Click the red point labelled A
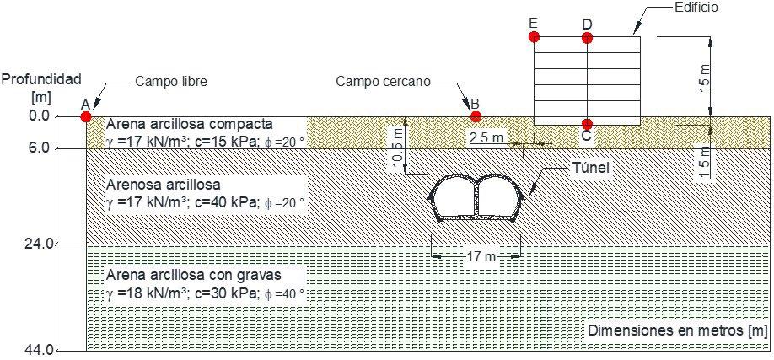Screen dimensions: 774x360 pos(85,116)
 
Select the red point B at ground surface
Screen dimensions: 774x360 pos(476,116)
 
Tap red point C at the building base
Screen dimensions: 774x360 pos(587,123)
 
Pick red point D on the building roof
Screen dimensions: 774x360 pos(587,38)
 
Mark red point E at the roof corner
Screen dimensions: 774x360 pos(534,37)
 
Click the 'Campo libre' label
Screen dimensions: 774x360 pos(170,82)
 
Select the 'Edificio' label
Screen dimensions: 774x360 pos(696,7)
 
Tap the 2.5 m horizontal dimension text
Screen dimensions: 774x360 pos(486,137)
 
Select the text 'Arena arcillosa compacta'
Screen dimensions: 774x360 pos(190,124)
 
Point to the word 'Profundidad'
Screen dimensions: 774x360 pos(40,79)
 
